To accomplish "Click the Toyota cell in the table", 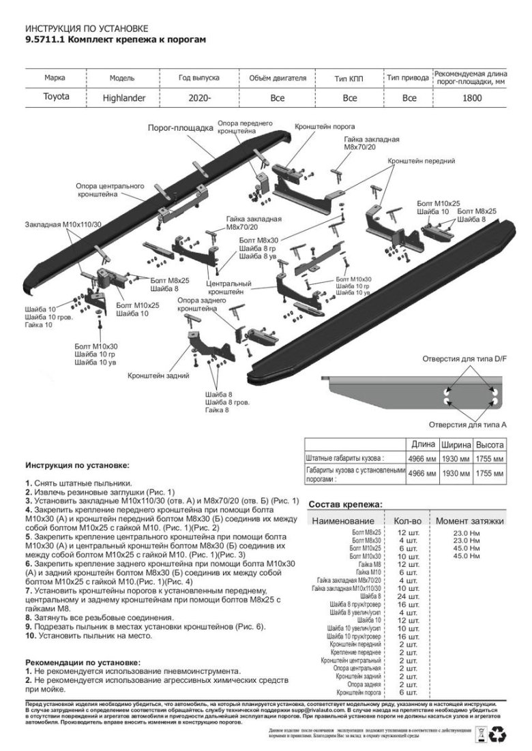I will (56, 97).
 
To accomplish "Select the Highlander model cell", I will (124, 97).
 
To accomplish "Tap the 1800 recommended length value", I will (470, 97).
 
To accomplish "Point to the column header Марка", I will (55, 78).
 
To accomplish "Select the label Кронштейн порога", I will (325, 127).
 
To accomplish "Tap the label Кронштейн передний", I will (421, 161).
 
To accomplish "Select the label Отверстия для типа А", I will (467, 423).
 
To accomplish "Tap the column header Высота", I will (490, 444).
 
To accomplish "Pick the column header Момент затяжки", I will (469, 521).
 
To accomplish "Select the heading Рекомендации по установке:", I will (83, 662).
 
